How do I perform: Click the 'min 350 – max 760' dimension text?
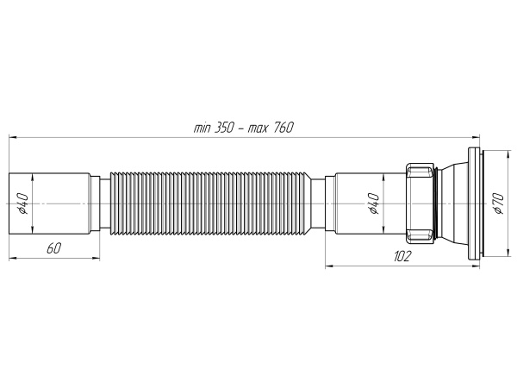click(x=245, y=128)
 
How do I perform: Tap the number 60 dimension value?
click(x=53, y=247)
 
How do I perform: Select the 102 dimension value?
click(x=402, y=257)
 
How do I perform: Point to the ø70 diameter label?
click(x=498, y=203)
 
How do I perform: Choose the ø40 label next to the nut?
click(x=372, y=203)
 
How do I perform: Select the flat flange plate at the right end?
click(x=473, y=203)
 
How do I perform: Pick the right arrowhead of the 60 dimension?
click(x=97, y=256)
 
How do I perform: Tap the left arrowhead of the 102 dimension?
click(x=328, y=266)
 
